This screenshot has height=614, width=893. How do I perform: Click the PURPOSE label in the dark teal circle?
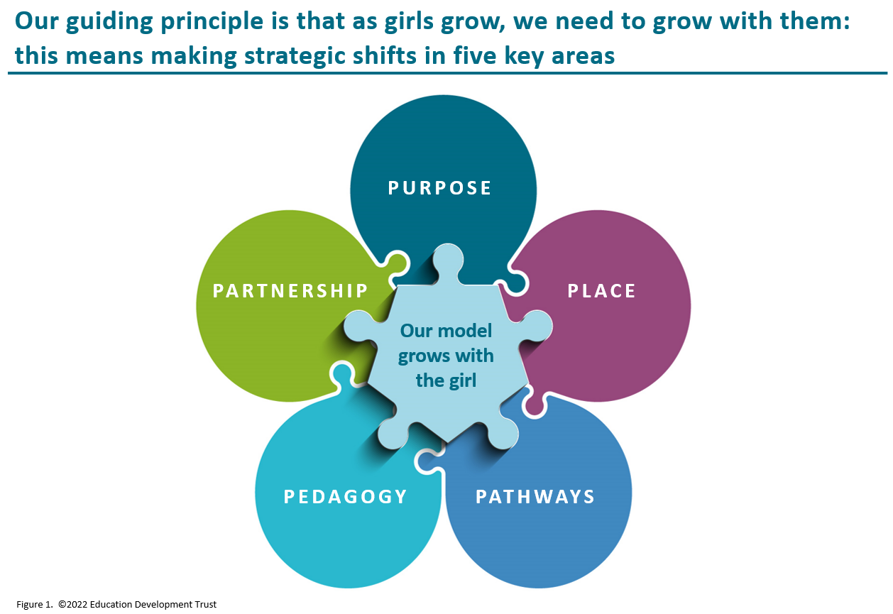coord(439,188)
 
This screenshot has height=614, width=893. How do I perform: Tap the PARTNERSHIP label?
coord(290,290)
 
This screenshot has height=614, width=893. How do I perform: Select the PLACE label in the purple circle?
coord(601,291)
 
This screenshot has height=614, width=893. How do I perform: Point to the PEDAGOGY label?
coord(345,497)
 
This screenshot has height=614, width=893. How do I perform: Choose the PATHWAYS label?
coord(535,497)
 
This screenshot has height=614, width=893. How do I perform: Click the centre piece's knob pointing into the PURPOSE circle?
coord(448,261)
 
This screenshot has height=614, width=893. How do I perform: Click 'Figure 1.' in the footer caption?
coord(34,605)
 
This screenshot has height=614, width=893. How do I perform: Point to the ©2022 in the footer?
coord(73,605)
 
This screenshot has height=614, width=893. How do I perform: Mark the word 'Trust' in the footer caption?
coord(205,605)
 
